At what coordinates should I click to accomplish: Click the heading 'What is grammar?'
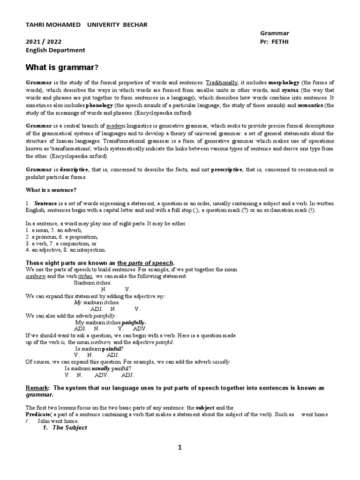click(62, 67)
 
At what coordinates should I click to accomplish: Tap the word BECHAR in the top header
click(137, 24)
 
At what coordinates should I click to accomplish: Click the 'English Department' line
click(55, 50)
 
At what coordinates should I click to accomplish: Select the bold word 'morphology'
click(284, 82)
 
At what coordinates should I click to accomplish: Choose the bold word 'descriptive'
click(75, 169)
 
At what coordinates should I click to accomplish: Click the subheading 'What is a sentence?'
click(51, 189)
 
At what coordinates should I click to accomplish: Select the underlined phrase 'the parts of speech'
click(145, 262)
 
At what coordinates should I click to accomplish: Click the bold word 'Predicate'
click(37, 415)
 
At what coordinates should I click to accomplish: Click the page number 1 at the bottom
click(180, 448)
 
